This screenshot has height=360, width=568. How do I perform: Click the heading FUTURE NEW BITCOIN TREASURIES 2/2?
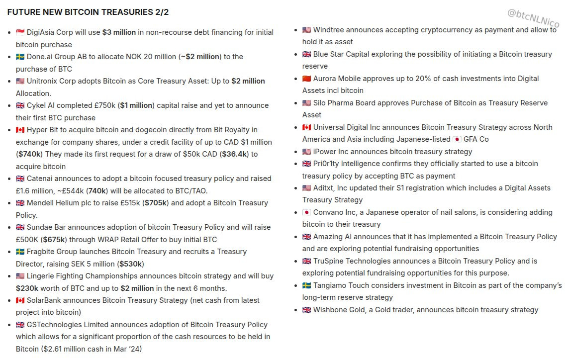88,12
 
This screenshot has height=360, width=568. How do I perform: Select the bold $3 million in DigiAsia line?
119,32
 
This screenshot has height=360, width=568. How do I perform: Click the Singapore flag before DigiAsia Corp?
20,32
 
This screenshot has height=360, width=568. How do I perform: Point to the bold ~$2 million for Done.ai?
200,57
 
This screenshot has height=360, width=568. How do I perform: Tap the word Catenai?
41,179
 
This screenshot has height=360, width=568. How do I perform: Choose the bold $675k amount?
55,240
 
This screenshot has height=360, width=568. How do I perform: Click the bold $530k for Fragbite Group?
130,264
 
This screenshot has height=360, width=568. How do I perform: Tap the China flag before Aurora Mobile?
306,79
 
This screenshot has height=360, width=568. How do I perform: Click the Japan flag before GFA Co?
457,139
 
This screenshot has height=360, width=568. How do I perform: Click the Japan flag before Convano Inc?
306,212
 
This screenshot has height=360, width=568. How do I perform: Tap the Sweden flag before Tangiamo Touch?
306,285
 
